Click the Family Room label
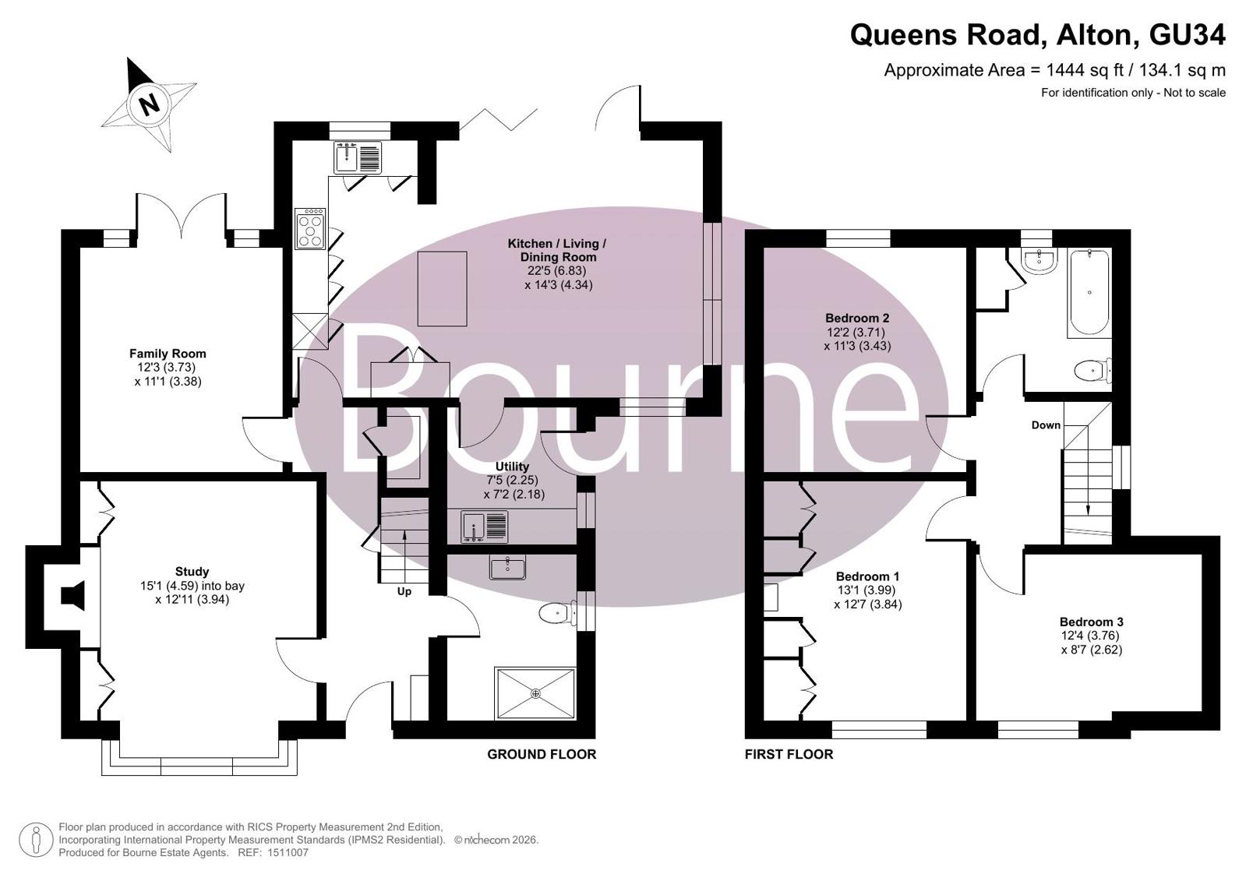tap(168, 354)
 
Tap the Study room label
tap(192, 571)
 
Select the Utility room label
tap(512, 467)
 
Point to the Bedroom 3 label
tap(1092, 622)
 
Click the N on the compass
tap(149, 104)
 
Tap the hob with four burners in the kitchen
tap(310, 228)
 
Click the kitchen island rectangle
tap(443, 289)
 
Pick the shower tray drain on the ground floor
tap(535, 693)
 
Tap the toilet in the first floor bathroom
tap(1092, 371)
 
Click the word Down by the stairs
tap(1046, 425)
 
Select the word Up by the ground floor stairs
tap(404, 591)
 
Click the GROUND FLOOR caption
tap(542, 754)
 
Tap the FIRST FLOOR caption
tap(789, 754)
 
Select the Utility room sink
tap(485, 527)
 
